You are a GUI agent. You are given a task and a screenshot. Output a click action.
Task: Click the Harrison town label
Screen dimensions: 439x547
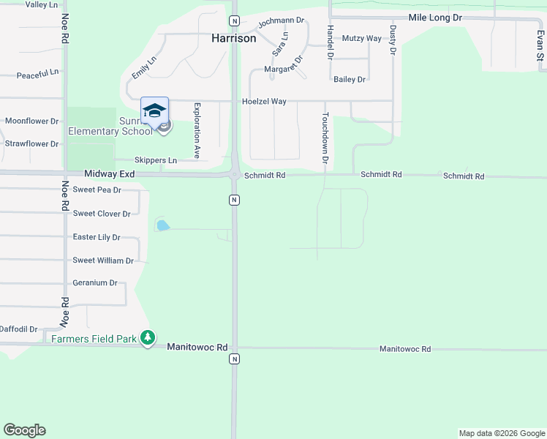point(234,38)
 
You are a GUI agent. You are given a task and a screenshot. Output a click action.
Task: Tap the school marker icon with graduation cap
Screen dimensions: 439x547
point(154,111)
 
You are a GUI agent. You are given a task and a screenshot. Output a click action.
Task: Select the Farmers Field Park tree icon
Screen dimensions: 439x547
point(148,337)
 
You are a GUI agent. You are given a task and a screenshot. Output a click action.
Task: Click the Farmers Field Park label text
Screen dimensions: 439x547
point(94,338)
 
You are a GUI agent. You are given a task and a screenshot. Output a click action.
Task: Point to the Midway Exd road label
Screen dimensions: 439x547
point(110,174)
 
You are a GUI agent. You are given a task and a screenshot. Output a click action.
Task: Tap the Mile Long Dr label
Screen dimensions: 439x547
point(436,17)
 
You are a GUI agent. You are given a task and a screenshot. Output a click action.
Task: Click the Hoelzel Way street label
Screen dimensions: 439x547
point(264,102)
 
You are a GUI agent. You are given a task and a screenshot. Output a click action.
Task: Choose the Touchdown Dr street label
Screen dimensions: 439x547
point(326,138)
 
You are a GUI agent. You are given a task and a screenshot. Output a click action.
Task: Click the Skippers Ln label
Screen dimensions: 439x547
point(156,160)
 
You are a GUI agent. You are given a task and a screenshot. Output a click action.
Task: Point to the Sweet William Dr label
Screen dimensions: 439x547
point(103,260)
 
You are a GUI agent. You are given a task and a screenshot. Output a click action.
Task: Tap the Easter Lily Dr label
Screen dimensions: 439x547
point(97,237)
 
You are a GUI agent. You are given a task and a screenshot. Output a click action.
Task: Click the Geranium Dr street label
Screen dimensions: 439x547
point(95,282)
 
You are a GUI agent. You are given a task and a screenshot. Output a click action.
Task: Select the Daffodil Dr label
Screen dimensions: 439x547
point(18,329)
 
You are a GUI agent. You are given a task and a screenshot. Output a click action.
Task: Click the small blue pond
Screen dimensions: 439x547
point(162,225)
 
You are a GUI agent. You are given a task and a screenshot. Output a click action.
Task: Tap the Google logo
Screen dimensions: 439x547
point(24,430)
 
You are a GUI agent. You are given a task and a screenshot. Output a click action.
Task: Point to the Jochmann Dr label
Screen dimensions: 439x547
point(281,20)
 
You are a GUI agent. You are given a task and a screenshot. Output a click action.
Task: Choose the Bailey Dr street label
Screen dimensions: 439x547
point(349,79)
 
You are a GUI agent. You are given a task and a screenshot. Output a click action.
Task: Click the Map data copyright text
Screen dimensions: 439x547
point(501,433)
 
